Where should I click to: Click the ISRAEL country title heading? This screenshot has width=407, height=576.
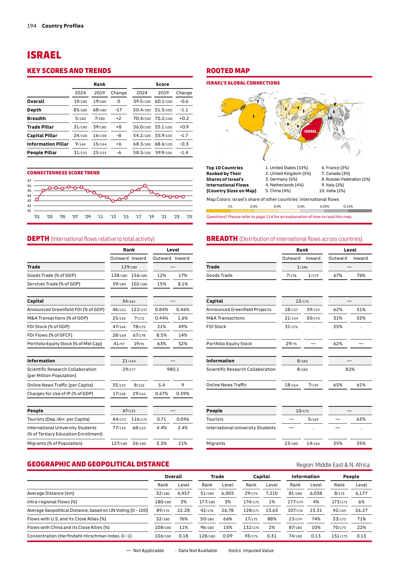(x=44, y=55)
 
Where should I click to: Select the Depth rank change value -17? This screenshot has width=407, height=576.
(x=119, y=110)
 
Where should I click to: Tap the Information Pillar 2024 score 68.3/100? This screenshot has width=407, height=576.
(x=142, y=144)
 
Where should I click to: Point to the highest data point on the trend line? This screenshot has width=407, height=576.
(x=145, y=185)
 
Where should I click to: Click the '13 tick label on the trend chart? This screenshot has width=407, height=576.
(x=113, y=217)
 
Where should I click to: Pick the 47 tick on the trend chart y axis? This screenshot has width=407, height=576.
(x=29, y=180)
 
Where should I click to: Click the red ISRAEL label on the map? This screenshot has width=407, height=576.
(x=310, y=131)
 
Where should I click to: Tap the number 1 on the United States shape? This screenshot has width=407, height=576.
(x=253, y=116)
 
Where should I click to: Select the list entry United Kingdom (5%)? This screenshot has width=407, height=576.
(x=288, y=173)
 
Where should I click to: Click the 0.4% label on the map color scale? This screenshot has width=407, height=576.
(x=277, y=206)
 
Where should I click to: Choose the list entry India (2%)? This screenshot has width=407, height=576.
(x=332, y=191)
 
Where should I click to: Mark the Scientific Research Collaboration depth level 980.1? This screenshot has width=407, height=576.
(x=173, y=369)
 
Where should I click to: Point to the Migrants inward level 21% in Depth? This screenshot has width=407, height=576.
(x=183, y=443)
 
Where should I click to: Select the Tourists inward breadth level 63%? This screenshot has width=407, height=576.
(x=361, y=419)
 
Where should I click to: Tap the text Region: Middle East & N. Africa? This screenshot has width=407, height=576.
(x=333, y=465)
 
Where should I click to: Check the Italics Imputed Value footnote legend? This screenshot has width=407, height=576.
(x=251, y=550)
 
